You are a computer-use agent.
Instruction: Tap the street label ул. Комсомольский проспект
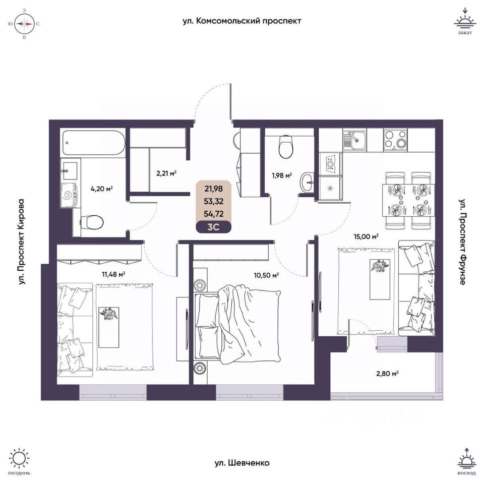point(242,21)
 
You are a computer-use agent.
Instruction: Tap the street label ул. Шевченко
point(242,462)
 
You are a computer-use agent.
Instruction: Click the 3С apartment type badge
point(214,226)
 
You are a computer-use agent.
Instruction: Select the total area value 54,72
point(214,213)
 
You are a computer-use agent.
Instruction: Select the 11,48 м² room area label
point(113,274)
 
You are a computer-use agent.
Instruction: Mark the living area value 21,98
point(214,189)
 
